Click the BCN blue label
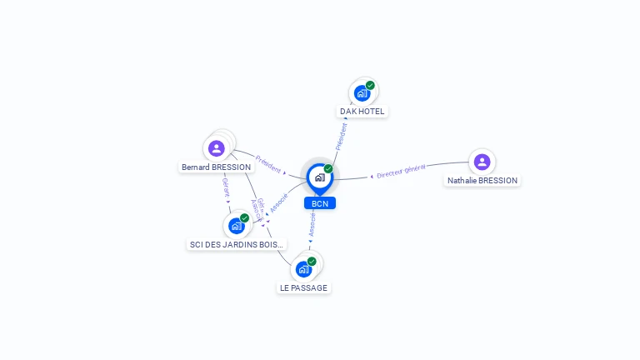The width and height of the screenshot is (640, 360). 320,203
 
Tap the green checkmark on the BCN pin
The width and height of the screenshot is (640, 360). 328,168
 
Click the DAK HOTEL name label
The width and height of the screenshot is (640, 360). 362,111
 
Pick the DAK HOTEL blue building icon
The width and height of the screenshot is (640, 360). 362,92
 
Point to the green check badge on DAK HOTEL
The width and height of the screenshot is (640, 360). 370,85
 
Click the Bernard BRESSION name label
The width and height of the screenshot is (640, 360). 216,167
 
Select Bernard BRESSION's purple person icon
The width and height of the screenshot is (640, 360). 217,148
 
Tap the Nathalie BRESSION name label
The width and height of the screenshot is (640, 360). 482,180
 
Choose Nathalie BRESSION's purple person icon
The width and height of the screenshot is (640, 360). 482,162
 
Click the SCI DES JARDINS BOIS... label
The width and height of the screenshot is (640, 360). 237,244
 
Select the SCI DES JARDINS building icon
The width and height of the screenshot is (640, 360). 237,226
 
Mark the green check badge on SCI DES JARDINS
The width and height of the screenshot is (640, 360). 244,218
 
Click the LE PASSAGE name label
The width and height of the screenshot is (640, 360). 303,287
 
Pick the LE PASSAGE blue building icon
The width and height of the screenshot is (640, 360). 303,269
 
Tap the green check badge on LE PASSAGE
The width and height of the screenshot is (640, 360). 312,262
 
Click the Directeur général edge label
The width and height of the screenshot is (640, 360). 401,172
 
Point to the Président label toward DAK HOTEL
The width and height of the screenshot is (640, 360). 341,137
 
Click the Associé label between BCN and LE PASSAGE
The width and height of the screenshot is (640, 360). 312,225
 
